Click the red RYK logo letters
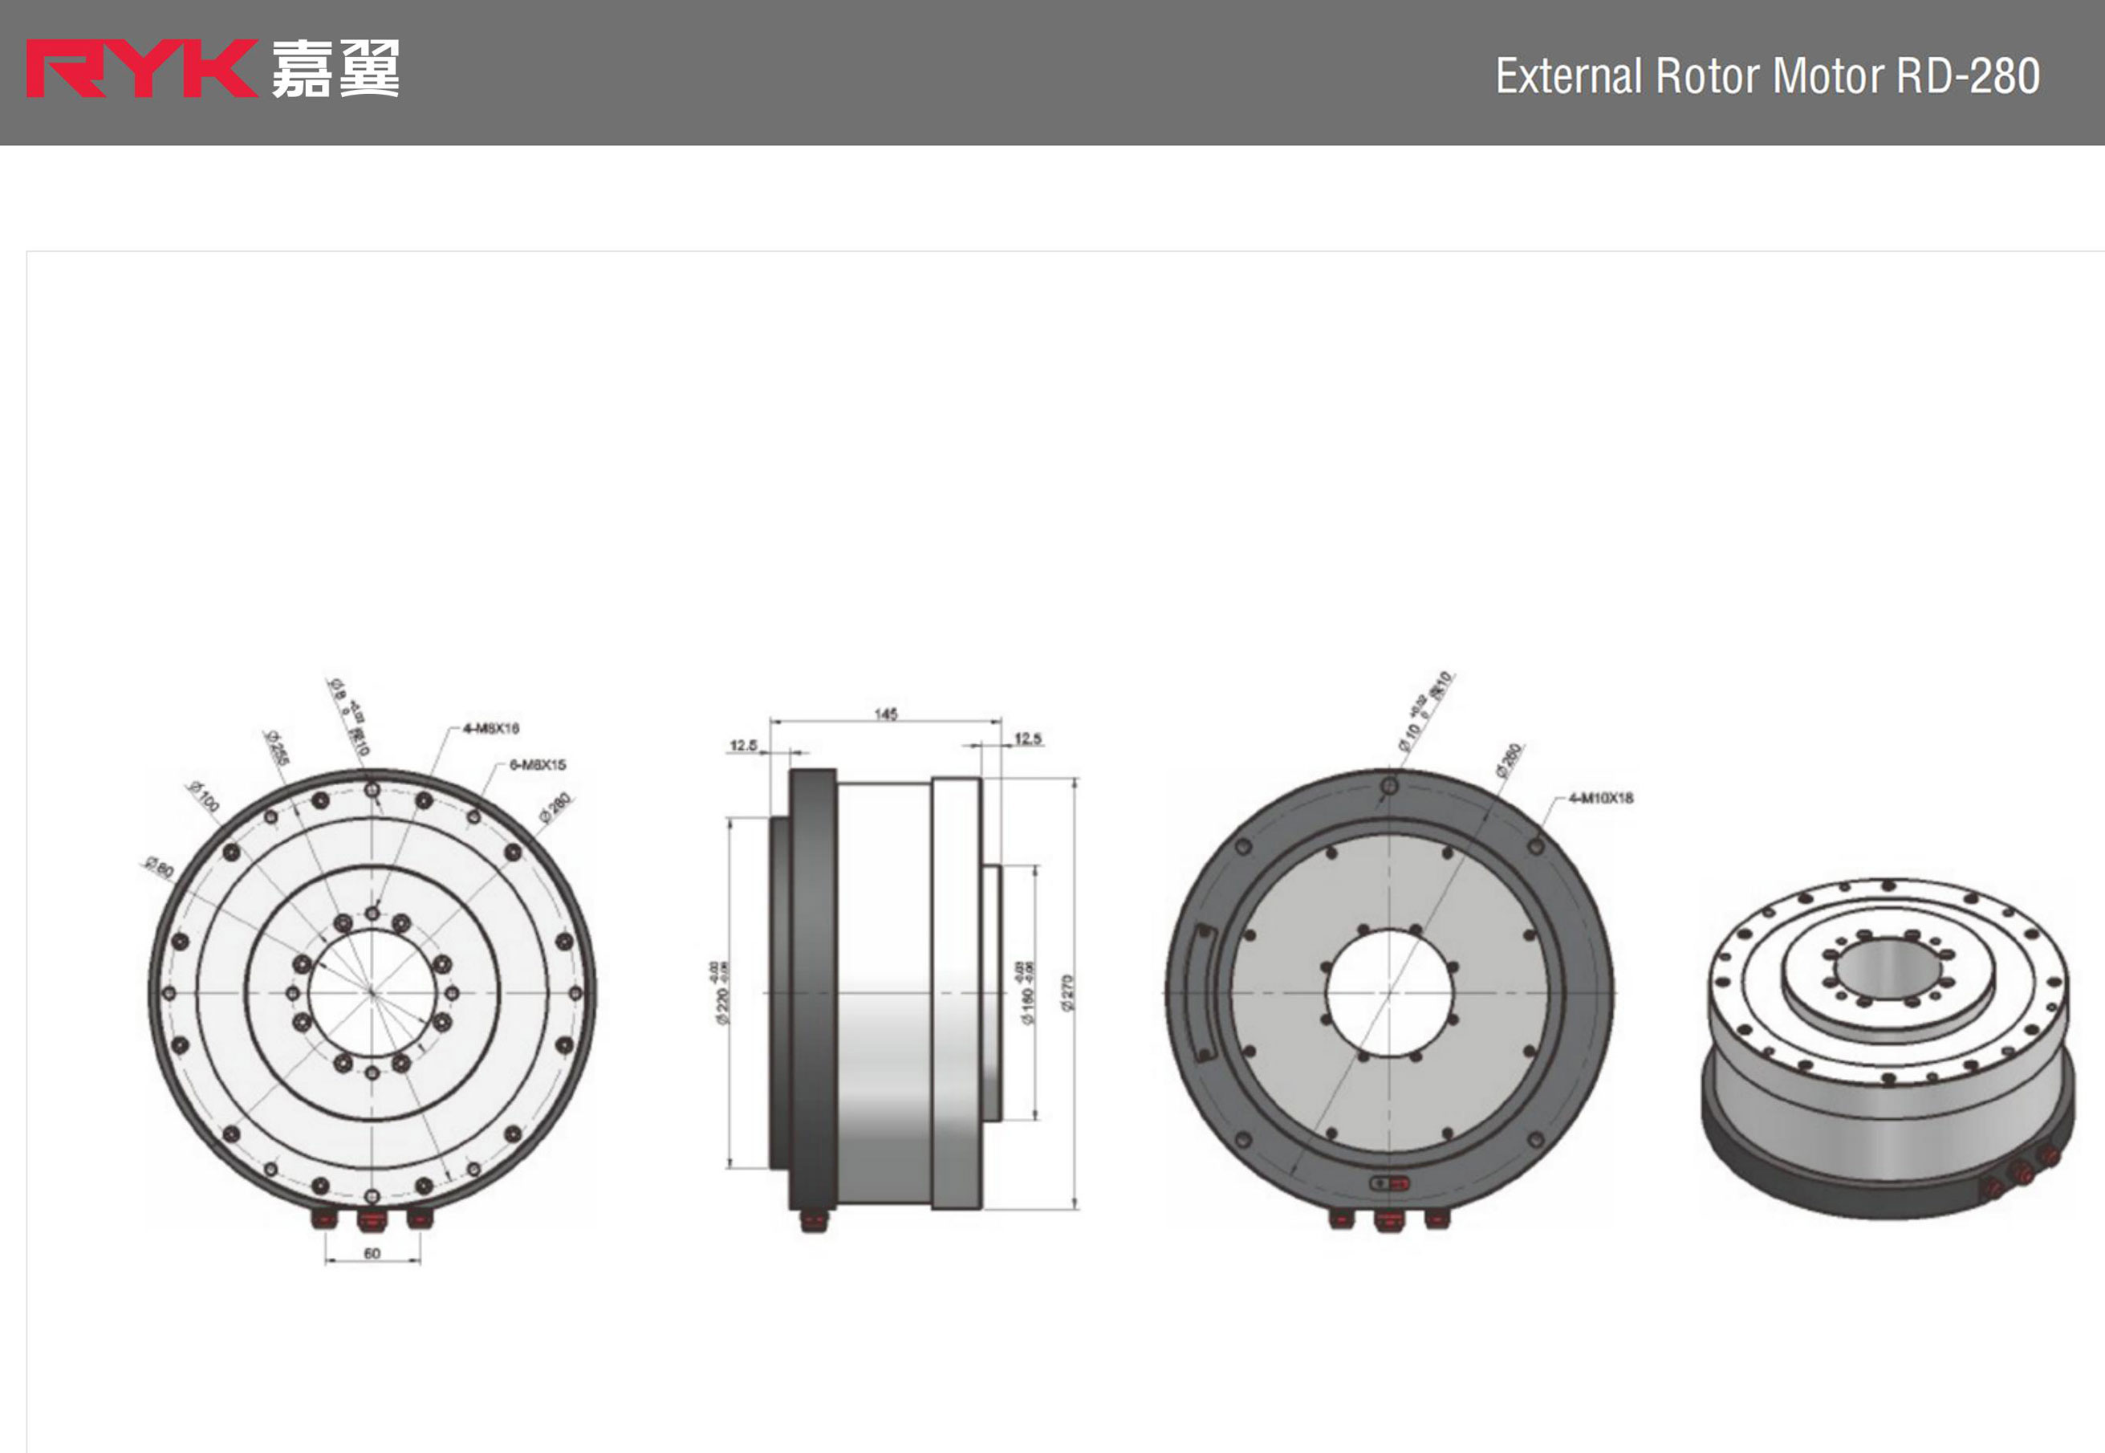(x=141, y=68)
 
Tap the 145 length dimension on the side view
(x=885, y=714)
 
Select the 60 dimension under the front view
(x=372, y=1254)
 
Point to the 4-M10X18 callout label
(x=1601, y=799)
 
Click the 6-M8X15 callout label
(x=538, y=765)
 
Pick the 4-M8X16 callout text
(x=491, y=728)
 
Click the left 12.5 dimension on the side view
(x=743, y=746)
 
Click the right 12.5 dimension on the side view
(x=1027, y=739)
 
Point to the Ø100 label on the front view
(x=204, y=796)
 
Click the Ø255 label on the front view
(x=277, y=747)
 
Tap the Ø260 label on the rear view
(x=1508, y=759)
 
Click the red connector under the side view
(x=814, y=1220)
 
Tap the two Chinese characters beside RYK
(x=335, y=68)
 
